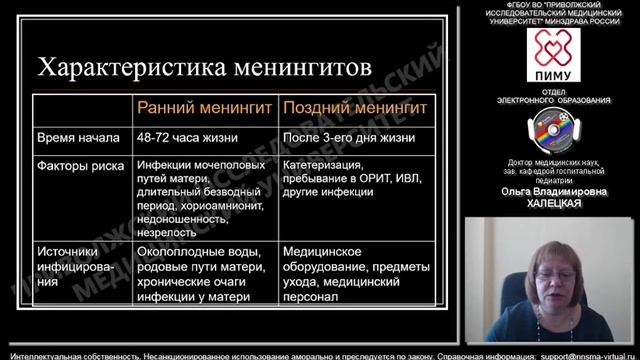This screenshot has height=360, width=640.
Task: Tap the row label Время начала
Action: [x=78, y=137]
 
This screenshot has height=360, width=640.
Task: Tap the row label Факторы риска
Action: [x=80, y=165]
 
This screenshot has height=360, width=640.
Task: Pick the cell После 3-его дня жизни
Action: [x=347, y=137]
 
